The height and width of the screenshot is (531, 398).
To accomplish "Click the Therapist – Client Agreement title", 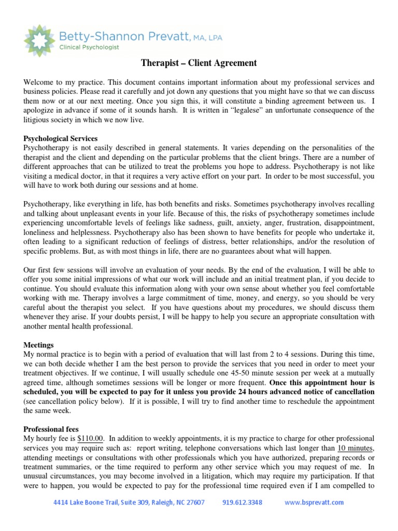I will click(x=199, y=63).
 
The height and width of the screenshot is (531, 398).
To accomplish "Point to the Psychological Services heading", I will click(x=61, y=138).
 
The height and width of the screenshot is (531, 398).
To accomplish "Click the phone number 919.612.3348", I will click(x=243, y=502).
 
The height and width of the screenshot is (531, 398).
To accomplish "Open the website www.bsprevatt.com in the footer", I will click(x=314, y=502).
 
